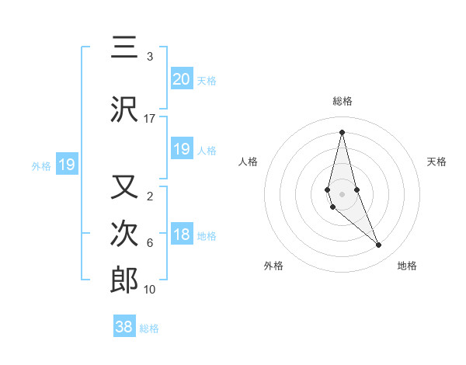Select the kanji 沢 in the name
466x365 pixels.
[124, 111]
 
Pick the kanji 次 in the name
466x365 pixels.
[124, 234]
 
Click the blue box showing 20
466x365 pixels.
[181, 78]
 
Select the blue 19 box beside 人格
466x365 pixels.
[181, 149]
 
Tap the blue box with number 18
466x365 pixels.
[181, 235]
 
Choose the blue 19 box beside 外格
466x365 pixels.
[67, 165]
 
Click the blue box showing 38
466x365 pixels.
[123, 327]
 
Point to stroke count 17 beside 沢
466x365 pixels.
[149, 119]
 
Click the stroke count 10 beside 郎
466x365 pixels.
[149, 290]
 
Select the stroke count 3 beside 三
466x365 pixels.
[149, 57]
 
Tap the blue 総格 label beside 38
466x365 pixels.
[149, 328]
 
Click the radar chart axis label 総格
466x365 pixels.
[343, 101]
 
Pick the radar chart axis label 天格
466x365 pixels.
[436, 162]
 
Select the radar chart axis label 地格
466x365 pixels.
[407, 266]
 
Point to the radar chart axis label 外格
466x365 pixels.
[273, 266]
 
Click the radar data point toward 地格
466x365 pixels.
[379, 245]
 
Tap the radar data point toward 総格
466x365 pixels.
[342, 132]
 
